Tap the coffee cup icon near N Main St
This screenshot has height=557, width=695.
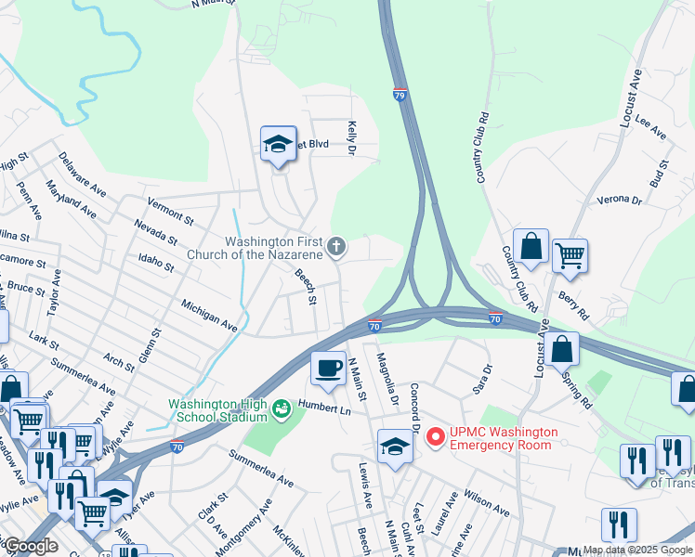pyautogui.click(x=327, y=368)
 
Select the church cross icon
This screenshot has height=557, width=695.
pyautogui.click(x=336, y=246)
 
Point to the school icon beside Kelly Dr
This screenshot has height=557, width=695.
pyautogui.click(x=278, y=144)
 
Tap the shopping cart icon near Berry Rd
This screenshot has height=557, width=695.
pyautogui.click(x=570, y=255)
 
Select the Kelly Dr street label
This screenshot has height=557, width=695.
pyautogui.click(x=352, y=136)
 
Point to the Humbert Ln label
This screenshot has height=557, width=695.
pyautogui.click(x=325, y=408)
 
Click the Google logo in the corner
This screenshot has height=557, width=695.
pyautogui.click(x=30, y=546)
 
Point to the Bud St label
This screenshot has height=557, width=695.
pyautogui.click(x=661, y=172)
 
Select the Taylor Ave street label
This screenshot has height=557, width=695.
pyautogui.click(x=55, y=291)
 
